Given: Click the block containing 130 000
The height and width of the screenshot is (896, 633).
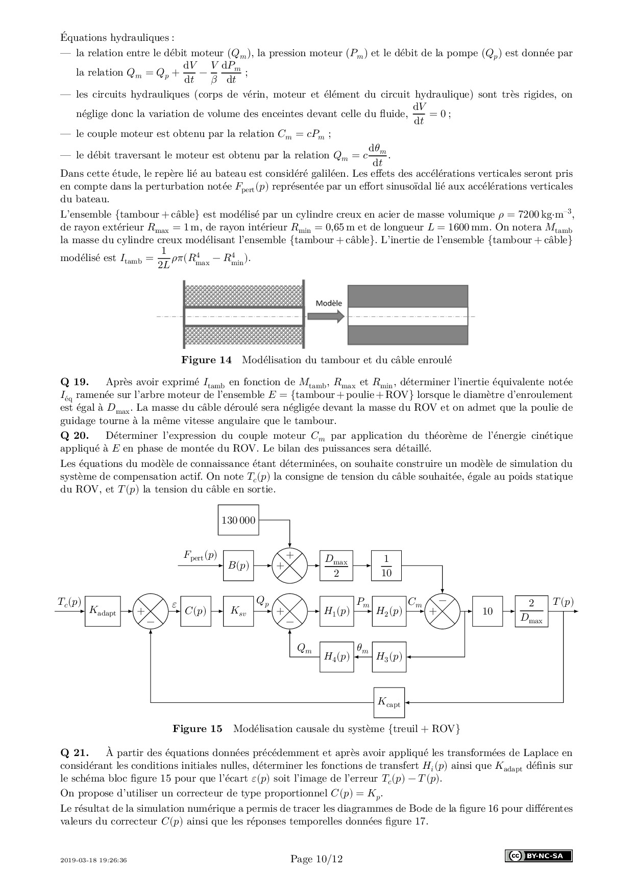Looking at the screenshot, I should [238, 520].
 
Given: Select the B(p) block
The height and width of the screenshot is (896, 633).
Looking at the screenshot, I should [238, 565].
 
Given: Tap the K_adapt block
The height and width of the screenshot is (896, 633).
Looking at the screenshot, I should [103, 611].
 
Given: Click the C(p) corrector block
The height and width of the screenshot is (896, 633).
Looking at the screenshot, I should [195, 611].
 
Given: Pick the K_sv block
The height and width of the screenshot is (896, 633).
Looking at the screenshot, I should [238, 611].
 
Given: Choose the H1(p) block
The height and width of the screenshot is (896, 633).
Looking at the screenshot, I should [336, 611].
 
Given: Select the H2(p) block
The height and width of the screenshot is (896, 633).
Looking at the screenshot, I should [389, 611].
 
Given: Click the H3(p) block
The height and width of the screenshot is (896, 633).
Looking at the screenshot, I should [389, 656].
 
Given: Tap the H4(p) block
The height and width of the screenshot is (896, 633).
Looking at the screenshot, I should [336, 656].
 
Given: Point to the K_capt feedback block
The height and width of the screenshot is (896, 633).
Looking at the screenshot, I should [389, 702].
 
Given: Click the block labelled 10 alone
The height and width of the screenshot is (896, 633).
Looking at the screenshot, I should [488, 611].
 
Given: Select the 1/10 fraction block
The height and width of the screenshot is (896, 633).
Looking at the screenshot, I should [386, 565].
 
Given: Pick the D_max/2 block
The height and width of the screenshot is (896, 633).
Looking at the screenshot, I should [336, 565].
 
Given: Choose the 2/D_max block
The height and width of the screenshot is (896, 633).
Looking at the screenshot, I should [531, 611].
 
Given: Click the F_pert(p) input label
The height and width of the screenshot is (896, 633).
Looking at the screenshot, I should [200, 556].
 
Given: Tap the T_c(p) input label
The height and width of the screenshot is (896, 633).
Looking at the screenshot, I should [69, 602].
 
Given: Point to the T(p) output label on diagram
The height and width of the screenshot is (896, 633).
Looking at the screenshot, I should [563, 602].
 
